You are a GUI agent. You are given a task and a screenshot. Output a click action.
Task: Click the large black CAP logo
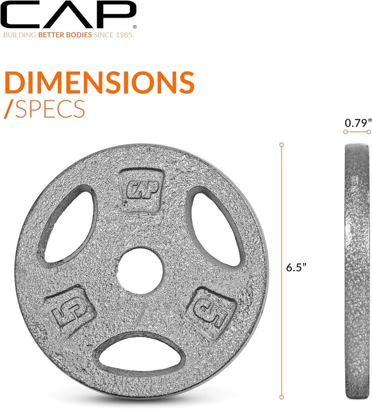point(68,15)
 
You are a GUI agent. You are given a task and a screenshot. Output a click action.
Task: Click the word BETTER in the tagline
point(51,35)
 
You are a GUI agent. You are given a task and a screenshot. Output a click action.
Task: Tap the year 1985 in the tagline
point(123,35)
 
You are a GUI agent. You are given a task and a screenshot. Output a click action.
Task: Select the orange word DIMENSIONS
point(99,82)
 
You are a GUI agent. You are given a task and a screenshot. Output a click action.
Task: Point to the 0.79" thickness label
point(358,123)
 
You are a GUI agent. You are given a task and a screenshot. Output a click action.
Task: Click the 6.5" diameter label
point(296,268)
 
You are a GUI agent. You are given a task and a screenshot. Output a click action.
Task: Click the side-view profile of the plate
point(357,270)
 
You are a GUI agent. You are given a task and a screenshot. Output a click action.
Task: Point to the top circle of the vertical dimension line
point(281,145)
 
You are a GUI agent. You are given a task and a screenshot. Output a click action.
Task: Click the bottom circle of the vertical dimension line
point(281,397)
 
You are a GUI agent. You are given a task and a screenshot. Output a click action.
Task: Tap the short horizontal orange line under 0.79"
point(358,132)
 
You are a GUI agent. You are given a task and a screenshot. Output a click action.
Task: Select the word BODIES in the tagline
point(78,35)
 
